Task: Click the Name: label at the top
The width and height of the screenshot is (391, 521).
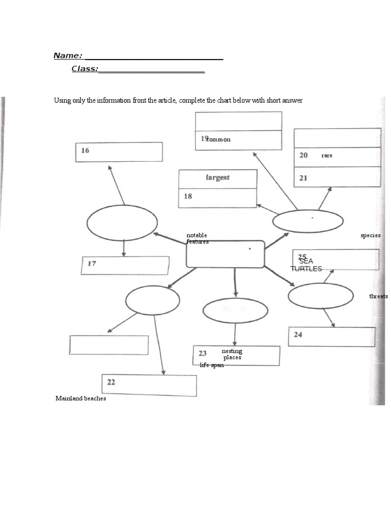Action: tap(68, 55)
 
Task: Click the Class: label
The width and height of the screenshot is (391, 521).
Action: tap(85, 69)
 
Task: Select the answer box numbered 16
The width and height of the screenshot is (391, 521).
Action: tap(119, 152)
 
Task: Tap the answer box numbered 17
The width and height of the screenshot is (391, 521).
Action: tap(125, 265)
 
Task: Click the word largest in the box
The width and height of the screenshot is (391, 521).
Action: tap(217, 178)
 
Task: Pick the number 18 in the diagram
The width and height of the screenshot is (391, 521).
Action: tap(188, 196)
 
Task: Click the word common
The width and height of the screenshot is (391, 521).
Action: tap(218, 139)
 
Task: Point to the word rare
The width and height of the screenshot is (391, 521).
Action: tap(327, 156)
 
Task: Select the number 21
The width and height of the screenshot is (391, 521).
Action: tap(303, 178)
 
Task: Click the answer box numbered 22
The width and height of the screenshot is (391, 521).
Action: tap(149, 385)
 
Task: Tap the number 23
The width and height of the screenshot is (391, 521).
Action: tap(203, 353)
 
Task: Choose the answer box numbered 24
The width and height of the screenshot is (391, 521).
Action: tap(331, 336)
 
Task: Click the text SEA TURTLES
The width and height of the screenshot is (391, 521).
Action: tap(306, 265)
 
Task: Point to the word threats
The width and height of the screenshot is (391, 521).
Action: tap(379, 296)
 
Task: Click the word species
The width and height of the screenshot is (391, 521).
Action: tap(371, 236)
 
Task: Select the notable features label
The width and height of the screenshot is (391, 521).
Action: tap(197, 238)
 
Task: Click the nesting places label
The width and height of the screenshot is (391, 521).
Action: tap(232, 354)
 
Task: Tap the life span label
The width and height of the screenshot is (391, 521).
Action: tap(212, 365)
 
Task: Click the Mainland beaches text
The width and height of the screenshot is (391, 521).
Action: tap(81, 398)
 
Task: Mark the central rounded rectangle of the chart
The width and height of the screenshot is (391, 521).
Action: tap(225, 254)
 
